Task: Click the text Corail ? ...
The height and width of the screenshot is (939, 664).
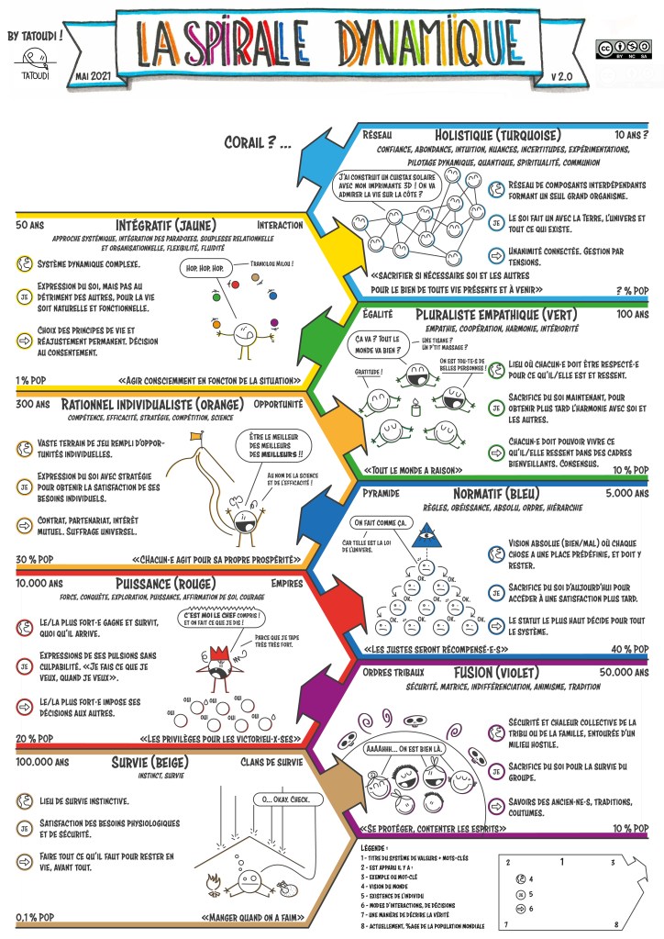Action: pos(258,143)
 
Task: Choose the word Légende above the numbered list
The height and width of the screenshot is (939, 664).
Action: pos(376,845)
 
